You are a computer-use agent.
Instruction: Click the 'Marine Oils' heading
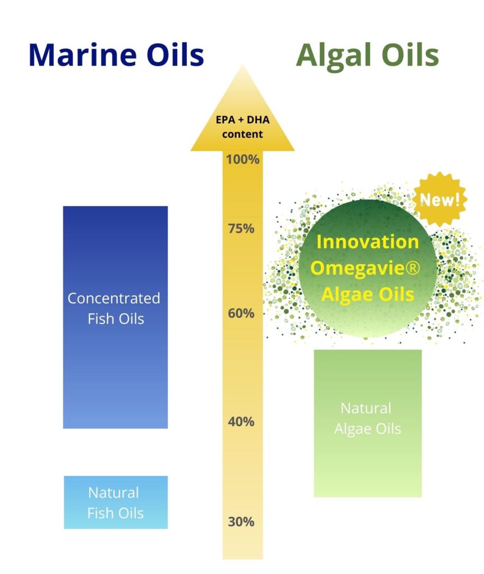pos(116,55)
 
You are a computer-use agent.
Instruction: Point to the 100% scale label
pos(242,160)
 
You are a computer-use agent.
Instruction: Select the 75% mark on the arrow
pos(241,229)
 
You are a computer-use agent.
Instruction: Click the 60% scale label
pos(241,313)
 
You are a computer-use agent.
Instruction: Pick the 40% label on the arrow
pos(241,422)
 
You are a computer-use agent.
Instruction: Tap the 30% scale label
pos(241,522)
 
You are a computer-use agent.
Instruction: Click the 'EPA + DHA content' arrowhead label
pos(242,127)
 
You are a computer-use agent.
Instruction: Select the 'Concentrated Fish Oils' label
pos(114,308)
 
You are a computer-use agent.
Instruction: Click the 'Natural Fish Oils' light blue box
pos(116,502)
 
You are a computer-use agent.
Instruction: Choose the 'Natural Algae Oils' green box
pos(368,423)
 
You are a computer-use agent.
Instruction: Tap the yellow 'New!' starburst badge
pos(440,200)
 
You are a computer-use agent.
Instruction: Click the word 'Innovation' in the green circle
pos(367,242)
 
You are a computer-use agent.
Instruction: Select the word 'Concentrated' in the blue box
pos(114,298)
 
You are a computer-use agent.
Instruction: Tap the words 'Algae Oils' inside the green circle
pos(367,294)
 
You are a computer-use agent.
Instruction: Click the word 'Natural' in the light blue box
pos(114,493)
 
